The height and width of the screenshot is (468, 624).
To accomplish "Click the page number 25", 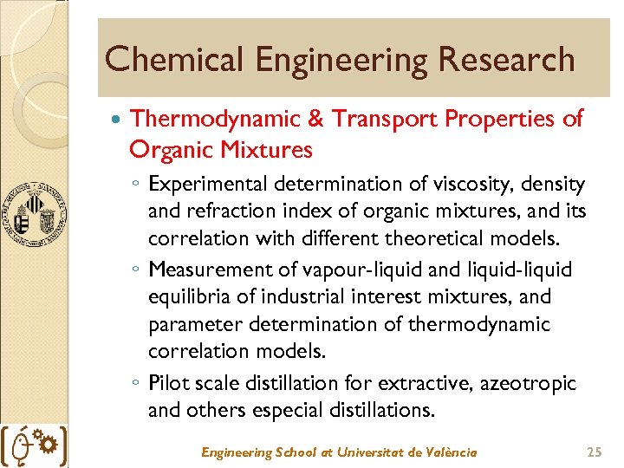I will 594,452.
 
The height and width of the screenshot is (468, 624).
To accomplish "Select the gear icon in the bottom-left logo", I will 49,445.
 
